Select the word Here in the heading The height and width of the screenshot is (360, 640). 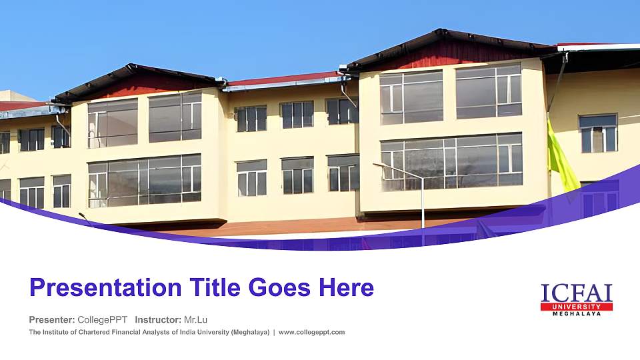click(x=346, y=288)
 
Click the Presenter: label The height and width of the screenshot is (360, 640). click(x=52, y=319)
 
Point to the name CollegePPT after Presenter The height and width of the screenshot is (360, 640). click(x=103, y=319)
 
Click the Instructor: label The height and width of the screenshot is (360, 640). click(x=158, y=319)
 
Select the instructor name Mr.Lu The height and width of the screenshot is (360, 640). click(x=195, y=319)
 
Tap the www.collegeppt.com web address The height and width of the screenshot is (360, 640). click(x=311, y=332)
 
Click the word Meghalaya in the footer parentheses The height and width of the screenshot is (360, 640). click(x=250, y=332)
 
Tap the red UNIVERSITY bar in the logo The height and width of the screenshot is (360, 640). click(x=577, y=306)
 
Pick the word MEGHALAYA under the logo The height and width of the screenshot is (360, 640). click(x=577, y=313)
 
